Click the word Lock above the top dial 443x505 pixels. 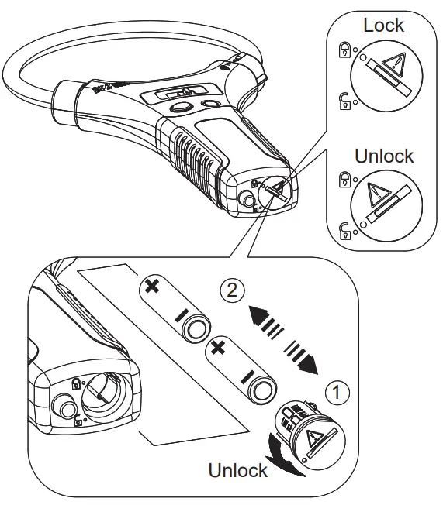point(384,25)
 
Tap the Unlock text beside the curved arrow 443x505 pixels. point(237,469)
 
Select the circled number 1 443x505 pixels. point(334,393)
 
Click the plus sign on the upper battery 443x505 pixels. point(152,287)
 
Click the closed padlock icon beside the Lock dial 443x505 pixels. point(343,52)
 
